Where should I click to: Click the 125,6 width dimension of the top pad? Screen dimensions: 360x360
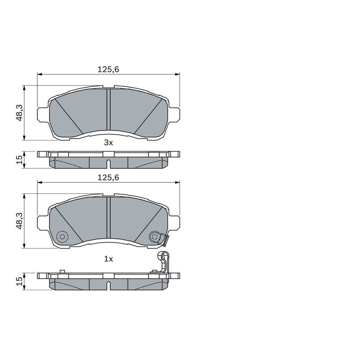click(x=108, y=69)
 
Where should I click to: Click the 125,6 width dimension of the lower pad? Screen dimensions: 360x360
click(x=108, y=177)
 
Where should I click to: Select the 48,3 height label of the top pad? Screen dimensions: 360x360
click(x=19, y=113)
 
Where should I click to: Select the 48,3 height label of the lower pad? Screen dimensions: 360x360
click(x=19, y=220)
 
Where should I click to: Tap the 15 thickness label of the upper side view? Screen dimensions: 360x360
click(x=19, y=160)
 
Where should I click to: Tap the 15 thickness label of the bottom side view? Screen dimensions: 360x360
click(x=19, y=281)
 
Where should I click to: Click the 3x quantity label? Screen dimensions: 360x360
click(x=108, y=143)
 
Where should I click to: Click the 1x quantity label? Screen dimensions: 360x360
click(x=108, y=259)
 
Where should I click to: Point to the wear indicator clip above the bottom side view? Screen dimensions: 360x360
click(x=163, y=262)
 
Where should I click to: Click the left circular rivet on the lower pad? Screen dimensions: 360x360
click(x=62, y=237)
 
